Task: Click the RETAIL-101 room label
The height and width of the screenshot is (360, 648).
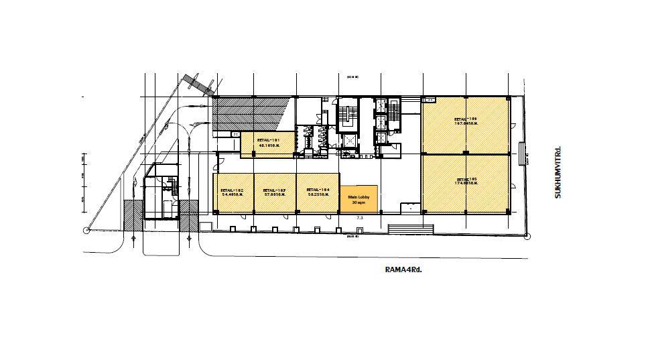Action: (269, 139)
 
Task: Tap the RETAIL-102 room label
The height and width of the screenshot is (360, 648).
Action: (231, 190)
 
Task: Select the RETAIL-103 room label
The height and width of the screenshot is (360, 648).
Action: (274, 190)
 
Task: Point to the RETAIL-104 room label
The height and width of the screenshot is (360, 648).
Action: (317, 190)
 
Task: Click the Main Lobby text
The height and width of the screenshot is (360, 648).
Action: (359, 197)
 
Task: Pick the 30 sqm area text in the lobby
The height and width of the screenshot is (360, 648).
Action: (359, 202)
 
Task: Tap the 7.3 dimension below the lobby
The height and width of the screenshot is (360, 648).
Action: (359, 218)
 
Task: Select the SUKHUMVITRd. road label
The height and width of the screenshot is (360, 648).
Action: (557, 172)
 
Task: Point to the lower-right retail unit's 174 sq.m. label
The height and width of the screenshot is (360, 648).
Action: (466, 181)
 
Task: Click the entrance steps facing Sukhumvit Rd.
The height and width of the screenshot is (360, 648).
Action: (521, 154)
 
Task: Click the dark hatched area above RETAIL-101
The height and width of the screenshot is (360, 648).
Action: (251, 113)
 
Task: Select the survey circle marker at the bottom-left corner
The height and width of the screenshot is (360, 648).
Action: (86, 231)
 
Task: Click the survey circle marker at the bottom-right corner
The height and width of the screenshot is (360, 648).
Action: (528, 236)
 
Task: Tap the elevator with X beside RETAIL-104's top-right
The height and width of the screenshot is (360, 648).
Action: (348, 141)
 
